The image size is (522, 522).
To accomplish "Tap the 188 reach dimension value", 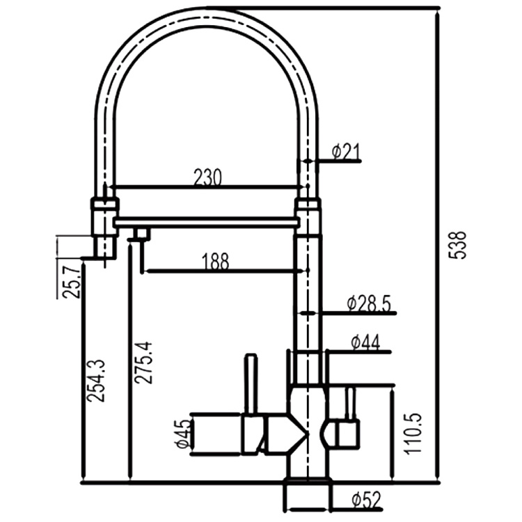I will click(215, 262).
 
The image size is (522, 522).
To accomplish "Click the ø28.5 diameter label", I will click(369, 303).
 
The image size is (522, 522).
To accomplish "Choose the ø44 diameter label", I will click(365, 342).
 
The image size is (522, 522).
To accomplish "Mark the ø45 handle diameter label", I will click(182, 434).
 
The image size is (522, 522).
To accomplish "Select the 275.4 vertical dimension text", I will click(143, 362).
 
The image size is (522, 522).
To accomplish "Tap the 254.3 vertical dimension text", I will click(97, 379).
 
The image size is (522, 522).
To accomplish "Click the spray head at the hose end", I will click(104, 226).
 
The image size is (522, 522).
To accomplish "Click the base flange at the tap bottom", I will click(306, 496).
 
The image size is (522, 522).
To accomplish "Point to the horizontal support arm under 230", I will click(207, 221).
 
